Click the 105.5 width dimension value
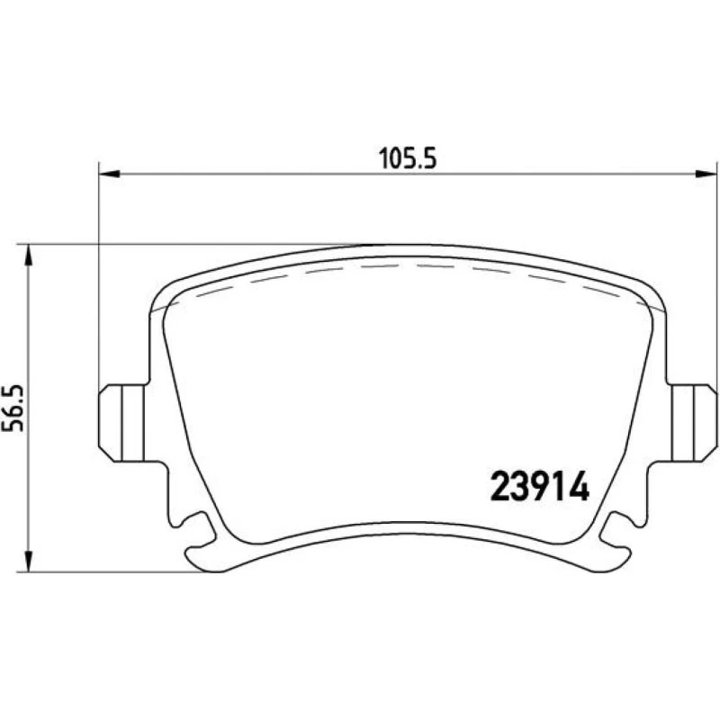408,158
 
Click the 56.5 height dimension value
13,408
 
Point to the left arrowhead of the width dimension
109,174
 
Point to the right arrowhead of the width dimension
706,174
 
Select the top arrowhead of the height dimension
29,255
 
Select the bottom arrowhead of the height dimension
29,562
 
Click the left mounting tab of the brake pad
121,423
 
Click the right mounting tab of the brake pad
694,423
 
